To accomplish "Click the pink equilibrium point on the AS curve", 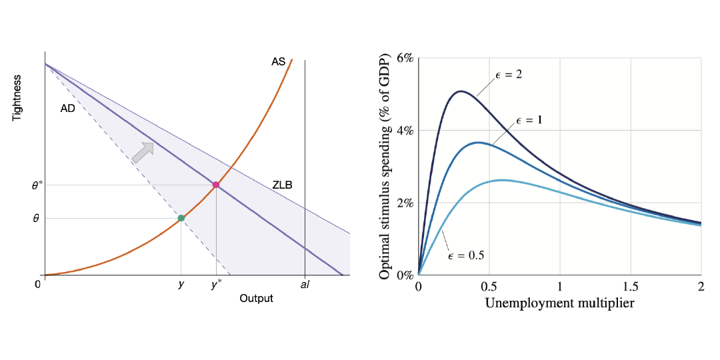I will (215, 185).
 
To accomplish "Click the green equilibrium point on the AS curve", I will (181, 218).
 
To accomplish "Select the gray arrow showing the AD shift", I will (143, 152).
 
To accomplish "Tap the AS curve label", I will (278, 62).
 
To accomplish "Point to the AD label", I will (67, 109).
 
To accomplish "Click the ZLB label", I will (282, 185).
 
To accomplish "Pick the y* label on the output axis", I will (216, 285).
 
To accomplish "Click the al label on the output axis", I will (305, 285).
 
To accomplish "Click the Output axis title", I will (256, 298).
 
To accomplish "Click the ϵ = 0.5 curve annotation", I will (465, 255).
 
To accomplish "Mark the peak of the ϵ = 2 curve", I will (460, 91).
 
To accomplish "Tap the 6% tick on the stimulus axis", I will (405, 58).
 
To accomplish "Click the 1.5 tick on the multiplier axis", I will (630, 286).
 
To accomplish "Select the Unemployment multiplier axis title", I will (559, 303).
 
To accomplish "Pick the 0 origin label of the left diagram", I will (37, 285).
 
